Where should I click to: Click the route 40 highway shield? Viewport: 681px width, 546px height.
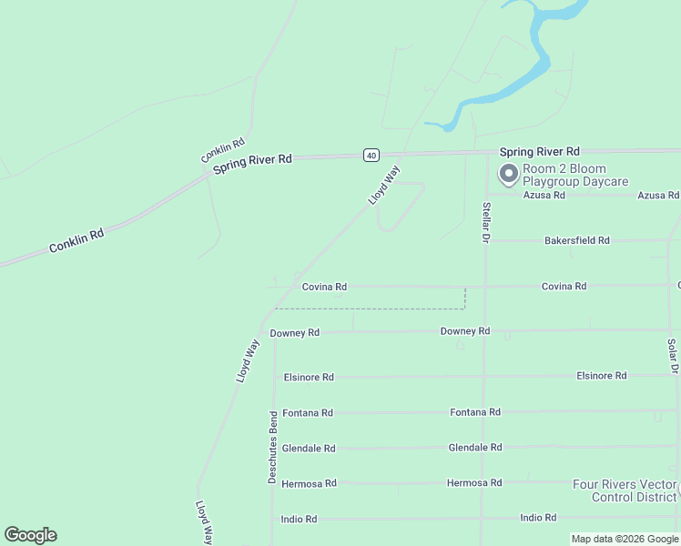click(x=371, y=155)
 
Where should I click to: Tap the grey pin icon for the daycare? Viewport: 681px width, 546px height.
click(x=507, y=173)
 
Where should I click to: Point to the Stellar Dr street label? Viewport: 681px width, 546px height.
click(x=486, y=222)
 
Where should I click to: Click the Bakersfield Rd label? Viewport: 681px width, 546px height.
click(x=576, y=240)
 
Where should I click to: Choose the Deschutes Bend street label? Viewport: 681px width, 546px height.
click(x=272, y=447)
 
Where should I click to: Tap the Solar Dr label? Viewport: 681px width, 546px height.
click(x=672, y=357)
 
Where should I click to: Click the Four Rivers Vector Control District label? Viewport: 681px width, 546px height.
click(x=625, y=490)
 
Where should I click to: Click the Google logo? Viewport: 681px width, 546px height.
click(x=30, y=535)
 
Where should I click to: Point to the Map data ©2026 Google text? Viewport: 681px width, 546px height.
click(x=625, y=539)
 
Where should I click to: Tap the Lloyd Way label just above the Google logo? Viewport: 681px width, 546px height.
click(x=205, y=521)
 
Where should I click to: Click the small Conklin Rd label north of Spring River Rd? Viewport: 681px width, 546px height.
click(x=223, y=151)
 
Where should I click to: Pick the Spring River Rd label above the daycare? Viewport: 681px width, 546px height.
click(x=539, y=151)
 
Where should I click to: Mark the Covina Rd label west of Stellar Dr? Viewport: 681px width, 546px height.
click(x=324, y=287)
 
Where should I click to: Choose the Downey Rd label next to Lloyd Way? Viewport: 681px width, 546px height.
click(x=294, y=333)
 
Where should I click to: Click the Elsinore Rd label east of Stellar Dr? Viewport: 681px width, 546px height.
click(x=601, y=375)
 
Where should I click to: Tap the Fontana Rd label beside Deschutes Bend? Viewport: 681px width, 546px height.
click(x=308, y=413)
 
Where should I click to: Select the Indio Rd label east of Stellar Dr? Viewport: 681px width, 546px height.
click(x=538, y=518)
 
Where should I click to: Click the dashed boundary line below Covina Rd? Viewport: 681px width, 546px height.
click(x=382, y=308)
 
